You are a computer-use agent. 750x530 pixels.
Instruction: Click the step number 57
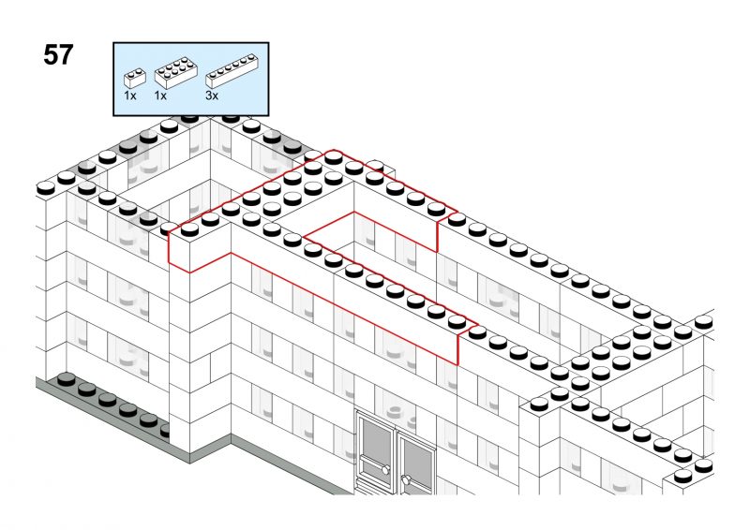[x=57, y=55]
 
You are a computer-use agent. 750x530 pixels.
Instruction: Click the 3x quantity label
[x=212, y=96]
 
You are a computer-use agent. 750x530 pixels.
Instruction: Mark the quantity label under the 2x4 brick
[x=159, y=96]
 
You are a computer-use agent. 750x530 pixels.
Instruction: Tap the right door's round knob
[x=406, y=480]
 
